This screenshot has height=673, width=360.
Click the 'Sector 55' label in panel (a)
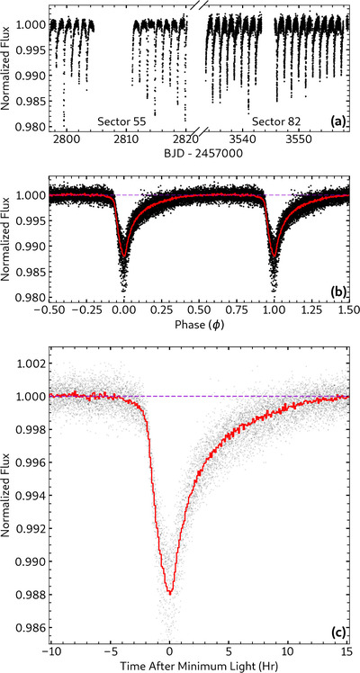pyautogui.click(x=121, y=121)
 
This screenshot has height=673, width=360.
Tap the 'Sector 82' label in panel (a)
pyautogui.click(x=276, y=121)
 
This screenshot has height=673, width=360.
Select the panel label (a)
pyautogui.click(x=337, y=121)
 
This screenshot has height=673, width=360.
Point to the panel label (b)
pyautogui.click(x=337, y=293)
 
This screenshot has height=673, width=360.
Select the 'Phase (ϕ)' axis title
pyautogui.click(x=198, y=325)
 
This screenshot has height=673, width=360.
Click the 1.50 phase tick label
pyautogui.click(x=347, y=310)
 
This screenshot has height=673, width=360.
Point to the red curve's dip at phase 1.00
pyautogui.click(x=274, y=256)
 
